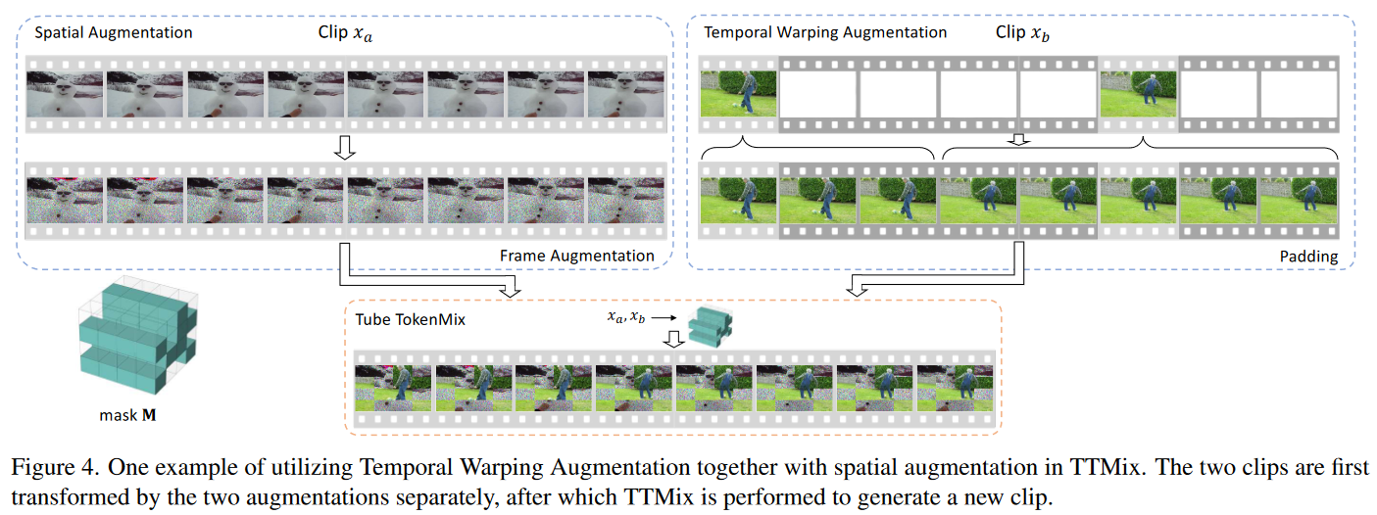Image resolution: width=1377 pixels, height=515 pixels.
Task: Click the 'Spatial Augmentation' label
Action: [113, 32]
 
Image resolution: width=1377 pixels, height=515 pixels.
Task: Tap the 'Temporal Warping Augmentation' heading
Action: [825, 32]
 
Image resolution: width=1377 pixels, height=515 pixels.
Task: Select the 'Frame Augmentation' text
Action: [576, 256]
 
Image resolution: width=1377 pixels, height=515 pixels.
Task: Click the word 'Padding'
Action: [1308, 257]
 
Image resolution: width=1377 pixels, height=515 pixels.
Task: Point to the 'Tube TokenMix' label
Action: [410, 319]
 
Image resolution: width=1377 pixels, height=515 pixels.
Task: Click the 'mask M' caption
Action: [127, 415]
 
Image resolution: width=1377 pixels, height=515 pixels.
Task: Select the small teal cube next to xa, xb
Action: [710, 327]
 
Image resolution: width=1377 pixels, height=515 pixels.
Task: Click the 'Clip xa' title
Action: [345, 33]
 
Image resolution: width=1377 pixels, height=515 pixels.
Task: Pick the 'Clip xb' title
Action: [1022, 33]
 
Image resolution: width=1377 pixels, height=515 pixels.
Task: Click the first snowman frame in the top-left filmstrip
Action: [65, 94]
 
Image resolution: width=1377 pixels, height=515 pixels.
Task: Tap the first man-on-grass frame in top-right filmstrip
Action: [738, 93]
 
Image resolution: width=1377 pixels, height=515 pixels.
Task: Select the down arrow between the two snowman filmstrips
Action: [345, 147]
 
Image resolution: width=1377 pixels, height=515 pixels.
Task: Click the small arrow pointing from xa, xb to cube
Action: [664, 318]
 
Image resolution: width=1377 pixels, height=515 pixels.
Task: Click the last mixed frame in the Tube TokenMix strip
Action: [955, 388]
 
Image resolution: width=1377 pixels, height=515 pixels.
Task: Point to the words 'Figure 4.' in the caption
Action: [55, 468]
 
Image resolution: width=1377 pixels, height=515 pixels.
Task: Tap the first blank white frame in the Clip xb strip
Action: [817, 93]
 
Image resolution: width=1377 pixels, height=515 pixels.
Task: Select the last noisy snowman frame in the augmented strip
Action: [626, 200]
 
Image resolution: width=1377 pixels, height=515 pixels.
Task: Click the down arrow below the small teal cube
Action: [674, 340]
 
